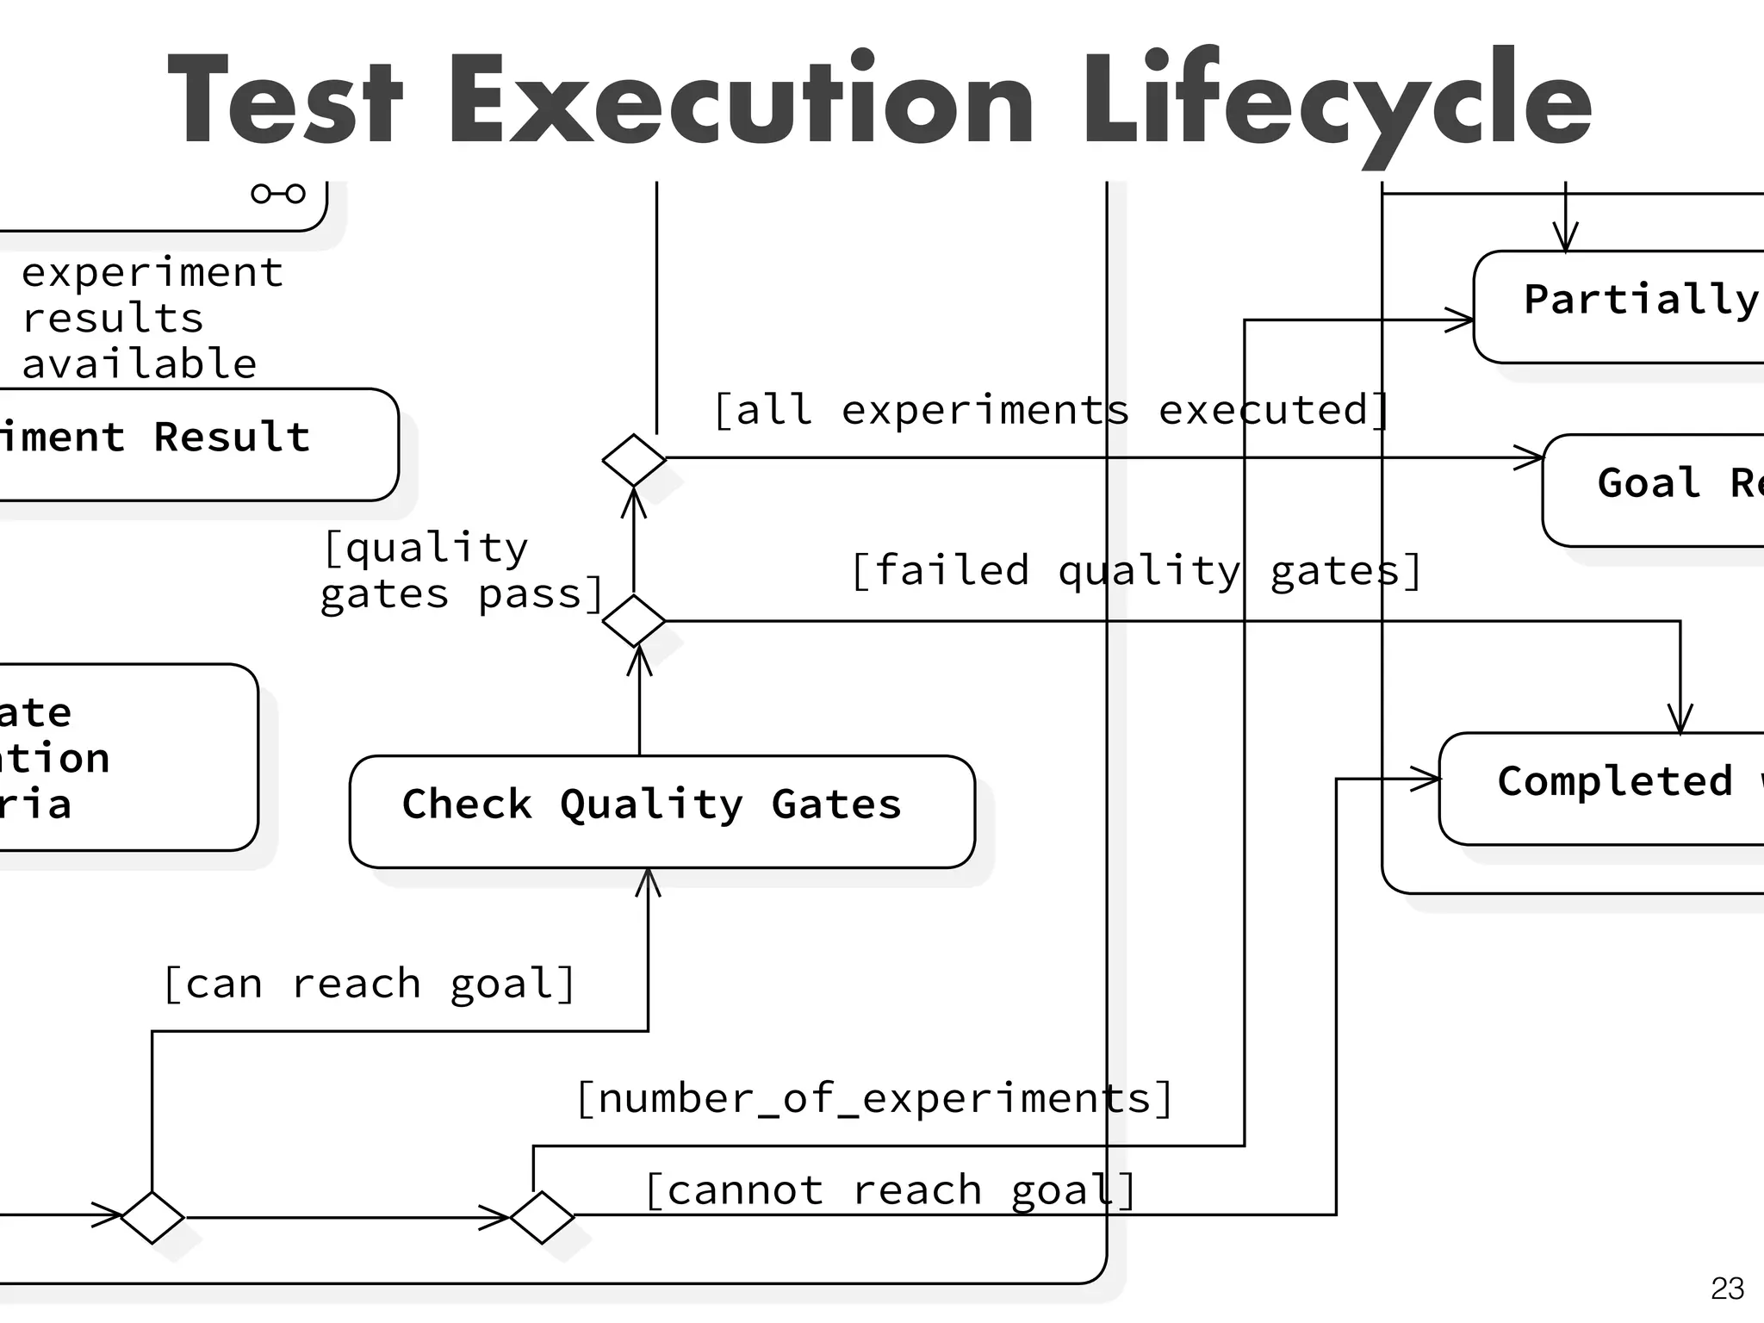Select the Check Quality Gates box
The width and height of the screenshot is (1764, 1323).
[x=661, y=811]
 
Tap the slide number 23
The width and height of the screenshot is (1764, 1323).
[x=1726, y=1289]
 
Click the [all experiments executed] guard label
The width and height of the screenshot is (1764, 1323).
[x=1051, y=410]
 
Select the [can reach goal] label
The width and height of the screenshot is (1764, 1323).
[x=369, y=984]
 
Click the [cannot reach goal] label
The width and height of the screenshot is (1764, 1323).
[x=890, y=1191]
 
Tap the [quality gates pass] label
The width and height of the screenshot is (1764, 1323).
[x=462, y=571]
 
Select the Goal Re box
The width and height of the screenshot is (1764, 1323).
[x=1654, y=490]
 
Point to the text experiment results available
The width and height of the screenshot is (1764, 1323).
[x=151, y=319]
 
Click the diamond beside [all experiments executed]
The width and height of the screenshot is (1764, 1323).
[x=634, y=460]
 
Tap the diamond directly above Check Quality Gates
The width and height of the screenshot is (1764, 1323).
[x=634, y=620]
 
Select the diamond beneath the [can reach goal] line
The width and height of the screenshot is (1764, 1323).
[x=152, y=1217]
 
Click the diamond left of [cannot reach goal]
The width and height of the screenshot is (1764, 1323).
[x=542, y=1217]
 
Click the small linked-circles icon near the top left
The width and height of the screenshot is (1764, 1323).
[x=277, y=193]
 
